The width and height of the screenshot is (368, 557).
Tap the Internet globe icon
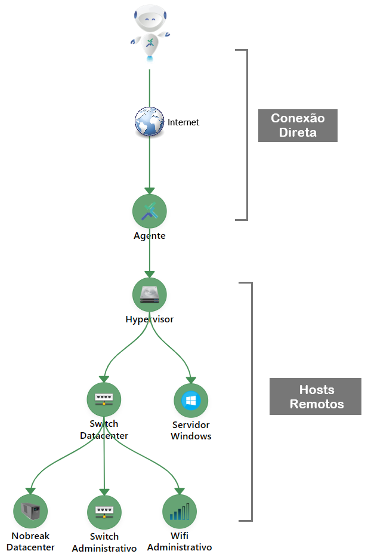[149, 122]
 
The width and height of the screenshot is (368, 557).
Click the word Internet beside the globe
[183, 122]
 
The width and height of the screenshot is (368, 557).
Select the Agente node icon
[149, 211]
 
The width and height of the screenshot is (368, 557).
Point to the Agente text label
[149, 236]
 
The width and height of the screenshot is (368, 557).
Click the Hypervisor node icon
[149, 294]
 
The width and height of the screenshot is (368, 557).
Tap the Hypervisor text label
[149, 319]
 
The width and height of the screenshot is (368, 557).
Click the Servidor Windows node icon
[191, 401]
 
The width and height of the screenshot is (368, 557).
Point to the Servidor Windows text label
[191, 430]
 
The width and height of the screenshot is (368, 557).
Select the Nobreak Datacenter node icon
[30, 511]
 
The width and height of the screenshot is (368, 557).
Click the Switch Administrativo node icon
[104, 512]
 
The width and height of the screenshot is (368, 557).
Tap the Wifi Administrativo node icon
[180, 512]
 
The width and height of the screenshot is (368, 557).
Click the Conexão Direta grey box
[298, 125]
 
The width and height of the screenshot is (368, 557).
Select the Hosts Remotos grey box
[316, 396]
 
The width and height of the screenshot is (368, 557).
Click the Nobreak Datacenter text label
[33, 541]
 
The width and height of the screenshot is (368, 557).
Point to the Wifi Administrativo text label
[180, 541]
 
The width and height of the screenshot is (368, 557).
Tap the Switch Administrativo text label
[104, 542]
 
